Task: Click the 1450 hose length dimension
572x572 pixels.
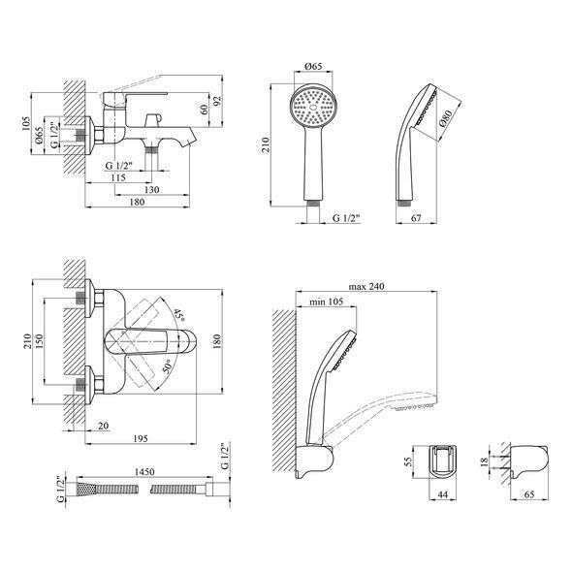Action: (144, 472)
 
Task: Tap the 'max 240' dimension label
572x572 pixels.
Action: (366, 286)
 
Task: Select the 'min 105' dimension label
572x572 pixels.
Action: (326, 302)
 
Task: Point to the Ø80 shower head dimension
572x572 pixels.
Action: (446, 118)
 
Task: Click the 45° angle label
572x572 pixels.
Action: (179, 315)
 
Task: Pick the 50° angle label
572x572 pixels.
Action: (167, 366)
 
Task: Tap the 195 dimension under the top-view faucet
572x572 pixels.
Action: (141, 438)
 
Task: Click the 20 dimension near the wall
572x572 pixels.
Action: (104, 426)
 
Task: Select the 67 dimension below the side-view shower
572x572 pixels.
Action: (416, 218)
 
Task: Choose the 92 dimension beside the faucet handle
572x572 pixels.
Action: (217, 101)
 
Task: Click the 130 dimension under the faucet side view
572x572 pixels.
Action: (152, 190)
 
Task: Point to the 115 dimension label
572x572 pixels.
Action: (118, 177)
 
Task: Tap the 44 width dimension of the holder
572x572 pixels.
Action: (442, 494)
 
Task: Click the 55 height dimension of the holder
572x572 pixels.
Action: (408, 461)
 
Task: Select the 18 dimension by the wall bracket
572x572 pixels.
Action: (484, 461)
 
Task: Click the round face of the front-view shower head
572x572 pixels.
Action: (313, 107)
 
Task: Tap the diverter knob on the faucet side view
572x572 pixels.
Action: (153, 120)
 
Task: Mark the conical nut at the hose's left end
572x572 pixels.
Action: (85, 489)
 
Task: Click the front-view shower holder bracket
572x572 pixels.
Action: (443, 461)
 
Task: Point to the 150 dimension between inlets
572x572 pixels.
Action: (40, 341)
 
